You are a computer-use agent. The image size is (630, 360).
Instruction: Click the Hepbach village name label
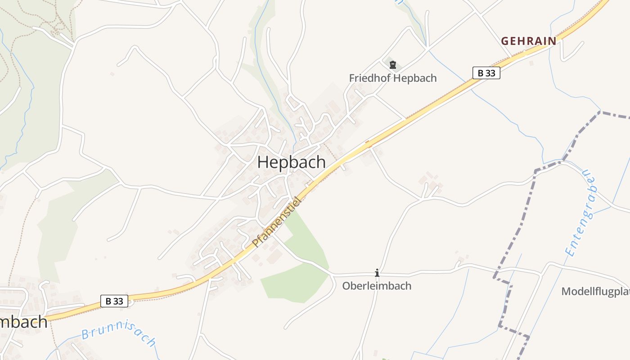291,162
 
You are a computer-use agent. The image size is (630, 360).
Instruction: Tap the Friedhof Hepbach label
392,78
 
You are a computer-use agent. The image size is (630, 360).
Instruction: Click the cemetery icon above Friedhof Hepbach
393,65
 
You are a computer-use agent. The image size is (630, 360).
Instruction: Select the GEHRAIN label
529,41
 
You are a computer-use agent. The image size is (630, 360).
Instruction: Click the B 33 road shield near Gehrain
486,73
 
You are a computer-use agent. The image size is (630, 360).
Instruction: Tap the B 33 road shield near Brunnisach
114,301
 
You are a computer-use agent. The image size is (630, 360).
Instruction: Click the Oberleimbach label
377,286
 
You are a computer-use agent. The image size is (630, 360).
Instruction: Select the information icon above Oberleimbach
377,273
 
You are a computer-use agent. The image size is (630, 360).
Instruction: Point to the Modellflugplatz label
595,292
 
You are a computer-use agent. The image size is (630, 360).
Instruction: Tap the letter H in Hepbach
263,162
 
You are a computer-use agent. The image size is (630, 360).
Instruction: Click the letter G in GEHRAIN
505,41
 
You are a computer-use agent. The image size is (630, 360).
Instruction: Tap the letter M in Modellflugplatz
566,292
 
